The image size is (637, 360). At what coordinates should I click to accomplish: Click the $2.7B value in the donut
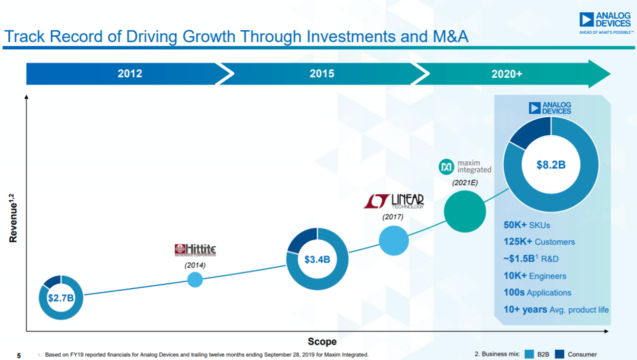(61, 298)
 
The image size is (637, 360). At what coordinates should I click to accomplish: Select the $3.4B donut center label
(317, 259)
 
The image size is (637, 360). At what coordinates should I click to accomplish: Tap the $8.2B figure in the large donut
(551, 165)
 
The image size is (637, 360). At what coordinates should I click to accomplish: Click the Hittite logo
(195, 250)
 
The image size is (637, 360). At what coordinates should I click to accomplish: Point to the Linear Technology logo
(393, 201)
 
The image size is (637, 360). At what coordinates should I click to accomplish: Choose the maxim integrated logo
(465, 167)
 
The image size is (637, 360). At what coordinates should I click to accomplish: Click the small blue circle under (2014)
(195, 279)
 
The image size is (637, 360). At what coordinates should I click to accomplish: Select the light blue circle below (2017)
(393, 240)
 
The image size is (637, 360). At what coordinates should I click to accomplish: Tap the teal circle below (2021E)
(465, 211)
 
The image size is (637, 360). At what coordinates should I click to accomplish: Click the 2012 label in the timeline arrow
(130, 74)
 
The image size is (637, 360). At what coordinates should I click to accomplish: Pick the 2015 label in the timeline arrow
(322, 74)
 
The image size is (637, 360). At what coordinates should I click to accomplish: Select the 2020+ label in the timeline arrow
(507, 74)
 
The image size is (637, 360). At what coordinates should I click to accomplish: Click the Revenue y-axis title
(13, 218)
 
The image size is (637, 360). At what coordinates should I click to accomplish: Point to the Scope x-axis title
(322, 341)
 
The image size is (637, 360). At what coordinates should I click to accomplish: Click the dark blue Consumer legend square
(559, 354)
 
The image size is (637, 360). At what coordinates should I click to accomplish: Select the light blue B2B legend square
(529, 354)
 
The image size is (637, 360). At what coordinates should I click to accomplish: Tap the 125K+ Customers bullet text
(539, 242)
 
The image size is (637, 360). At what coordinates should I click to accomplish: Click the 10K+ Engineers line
(534, 276)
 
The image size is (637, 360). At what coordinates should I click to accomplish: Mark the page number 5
(19, 355)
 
